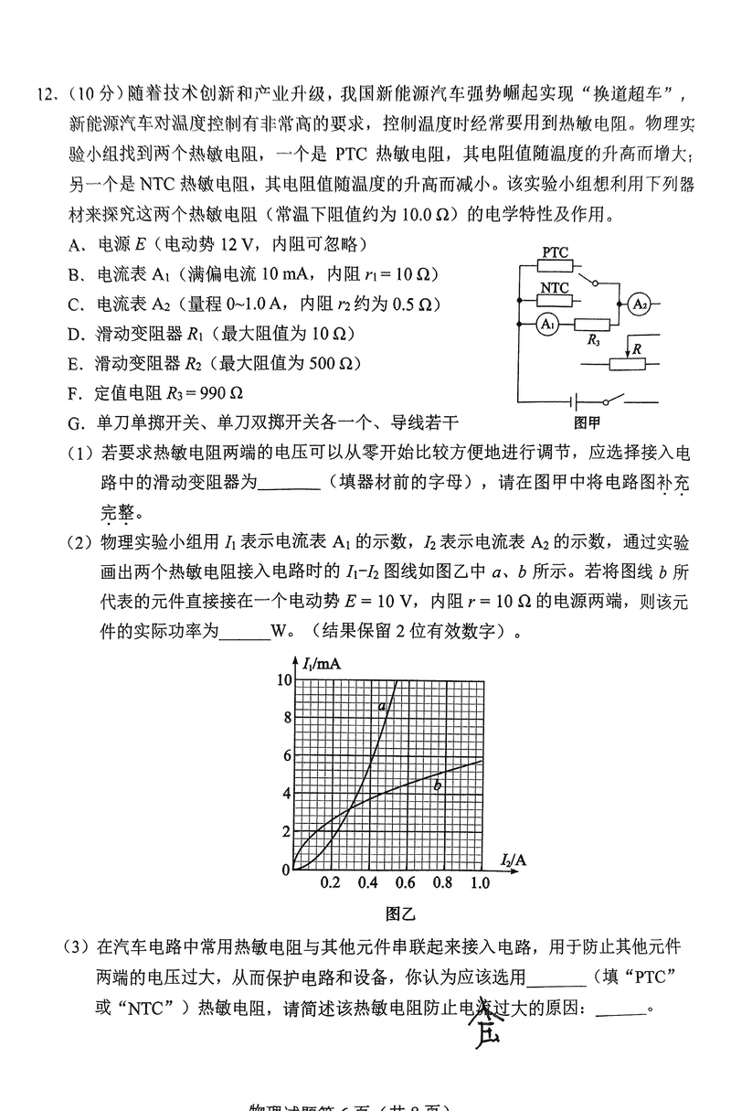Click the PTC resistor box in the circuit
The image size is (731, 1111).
[555, 266]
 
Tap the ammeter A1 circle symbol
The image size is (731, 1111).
[547, 325]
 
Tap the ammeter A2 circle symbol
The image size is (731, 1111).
[638, 304]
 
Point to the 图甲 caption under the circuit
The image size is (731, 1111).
[586, 422]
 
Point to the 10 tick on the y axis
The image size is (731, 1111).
[284, 679]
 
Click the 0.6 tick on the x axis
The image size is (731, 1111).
[405, 883]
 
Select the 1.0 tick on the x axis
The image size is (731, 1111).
[480, 883]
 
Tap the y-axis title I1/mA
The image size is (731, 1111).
[319, 665]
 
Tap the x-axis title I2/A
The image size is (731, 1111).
[514, 860]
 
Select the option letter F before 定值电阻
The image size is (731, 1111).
[75, 394]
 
